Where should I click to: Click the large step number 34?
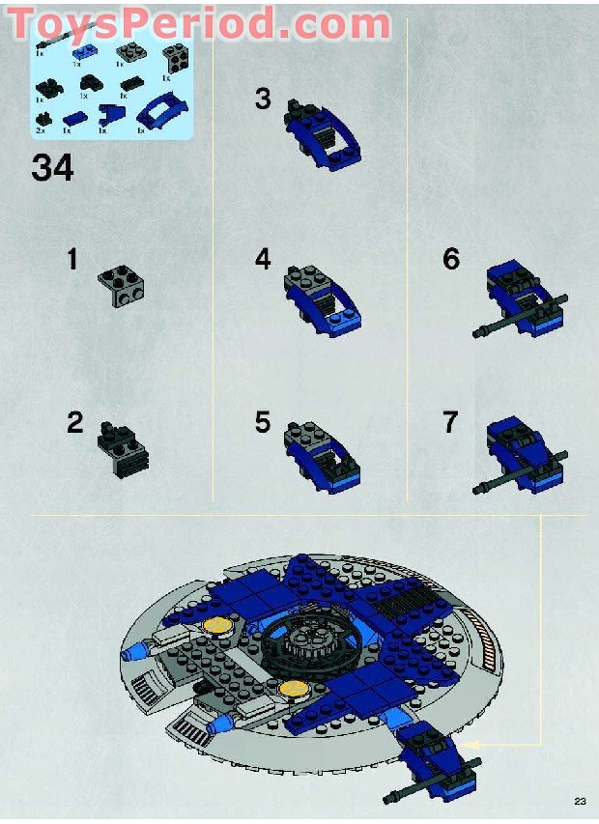[x=52, y=168]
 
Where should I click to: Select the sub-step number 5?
[x=263, y=422]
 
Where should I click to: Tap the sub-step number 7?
[x=451, y=422]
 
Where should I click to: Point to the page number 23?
[x=580, y=801]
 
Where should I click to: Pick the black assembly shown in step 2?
[x=123, y=449]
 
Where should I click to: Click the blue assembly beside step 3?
[x=325, y=140]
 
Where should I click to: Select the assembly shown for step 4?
[x=325, y=302]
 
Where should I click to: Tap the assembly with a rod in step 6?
[x=519, y=302]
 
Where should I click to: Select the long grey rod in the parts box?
[x=56, y=37]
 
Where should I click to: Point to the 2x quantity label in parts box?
[x=41, y=128]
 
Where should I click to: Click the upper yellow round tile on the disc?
[x=218, y=626]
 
